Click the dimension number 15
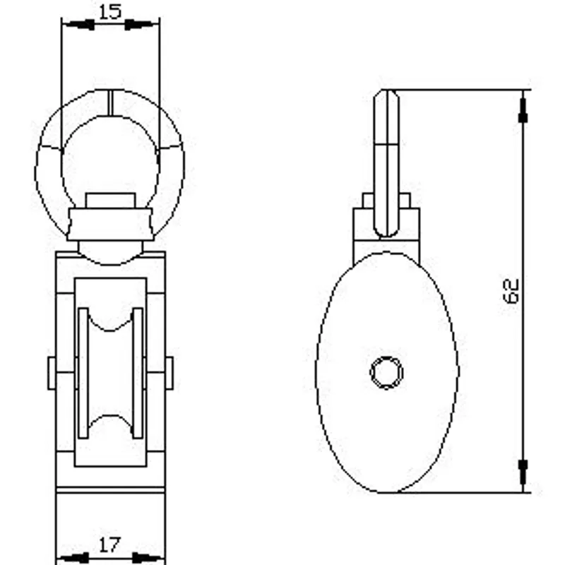click(110, 11)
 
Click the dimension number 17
click(109, 545)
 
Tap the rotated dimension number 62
click(511, 291)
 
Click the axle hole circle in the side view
click(386, 373)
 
